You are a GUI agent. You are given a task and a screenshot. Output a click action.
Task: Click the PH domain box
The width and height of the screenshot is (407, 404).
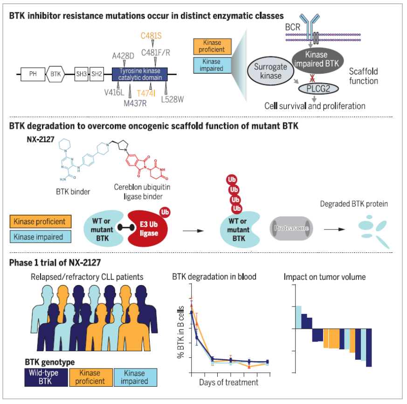(x=33, y=73)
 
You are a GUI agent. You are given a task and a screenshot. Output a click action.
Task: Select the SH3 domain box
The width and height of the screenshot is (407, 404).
(x=81, y=73)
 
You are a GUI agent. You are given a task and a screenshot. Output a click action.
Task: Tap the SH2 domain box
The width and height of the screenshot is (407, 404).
(x=97, y=73)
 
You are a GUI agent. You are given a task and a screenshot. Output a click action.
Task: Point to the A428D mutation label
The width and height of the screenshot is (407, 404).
(x=124, y=56)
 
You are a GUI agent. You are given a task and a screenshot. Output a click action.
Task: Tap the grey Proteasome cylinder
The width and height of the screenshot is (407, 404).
(x=291, y=228)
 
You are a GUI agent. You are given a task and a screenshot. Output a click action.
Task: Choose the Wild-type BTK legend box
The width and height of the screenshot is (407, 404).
(x=46, y=376)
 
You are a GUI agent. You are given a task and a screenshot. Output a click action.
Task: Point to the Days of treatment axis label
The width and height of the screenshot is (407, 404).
(x=228, y=383)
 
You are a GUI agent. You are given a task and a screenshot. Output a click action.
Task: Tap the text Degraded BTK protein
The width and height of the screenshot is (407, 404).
(x=354, y=204)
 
